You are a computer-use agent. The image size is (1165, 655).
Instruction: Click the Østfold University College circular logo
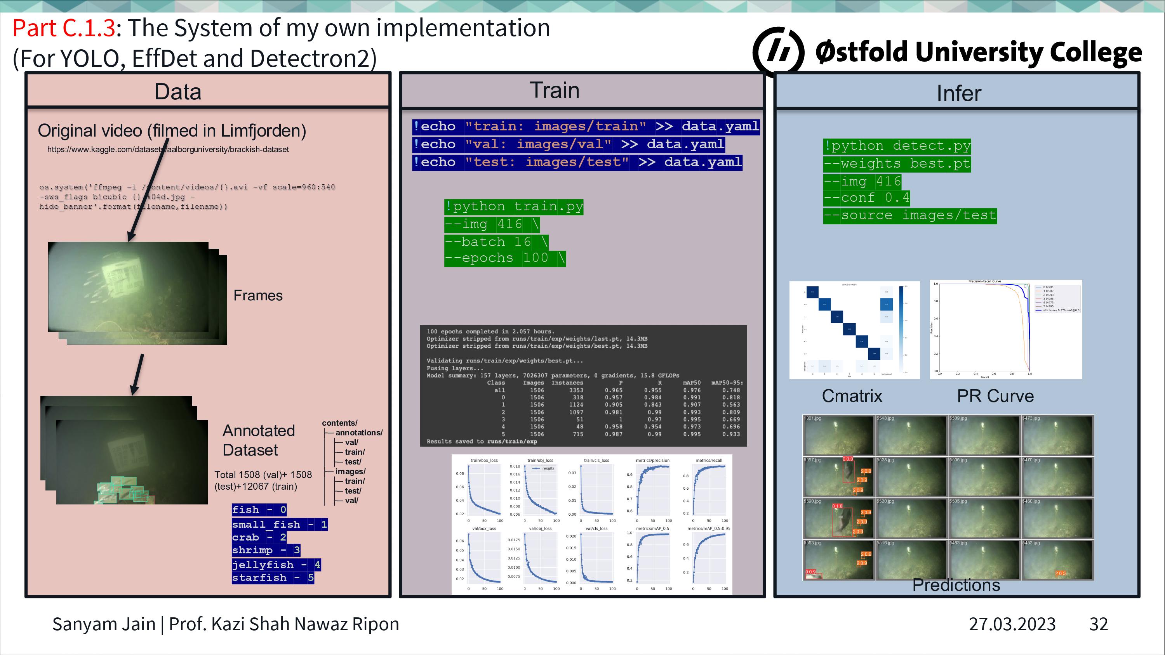(778, 51)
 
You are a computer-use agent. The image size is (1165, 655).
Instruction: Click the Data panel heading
(178, 92)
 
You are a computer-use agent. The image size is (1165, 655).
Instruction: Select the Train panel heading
(555, 90)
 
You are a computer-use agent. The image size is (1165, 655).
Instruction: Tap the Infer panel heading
(958, 94)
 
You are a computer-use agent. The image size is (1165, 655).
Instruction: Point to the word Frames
(258, 295)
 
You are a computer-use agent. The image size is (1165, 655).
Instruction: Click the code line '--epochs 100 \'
(504, 258)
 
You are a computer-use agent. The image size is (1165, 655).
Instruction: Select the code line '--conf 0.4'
(866, 198)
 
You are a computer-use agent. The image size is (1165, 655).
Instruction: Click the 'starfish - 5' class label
(273, 578)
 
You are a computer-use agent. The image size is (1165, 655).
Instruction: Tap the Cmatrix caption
(852, 396)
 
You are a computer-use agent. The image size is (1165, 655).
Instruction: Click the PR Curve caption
(995, 396)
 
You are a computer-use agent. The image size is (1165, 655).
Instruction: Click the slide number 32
(1099, 624)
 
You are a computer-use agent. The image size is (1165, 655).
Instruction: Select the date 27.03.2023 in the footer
(1012, 624)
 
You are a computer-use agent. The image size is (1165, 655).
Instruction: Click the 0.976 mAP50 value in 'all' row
(692, 390)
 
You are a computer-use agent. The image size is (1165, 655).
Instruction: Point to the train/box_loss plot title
(484, 460)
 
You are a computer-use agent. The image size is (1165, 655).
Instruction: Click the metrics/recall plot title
(709, 460)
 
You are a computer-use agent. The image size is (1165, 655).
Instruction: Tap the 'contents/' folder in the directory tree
(339, 423)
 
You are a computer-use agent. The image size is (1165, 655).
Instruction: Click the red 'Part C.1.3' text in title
(64, 28)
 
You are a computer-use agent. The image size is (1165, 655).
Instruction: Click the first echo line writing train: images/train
(586, 126)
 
